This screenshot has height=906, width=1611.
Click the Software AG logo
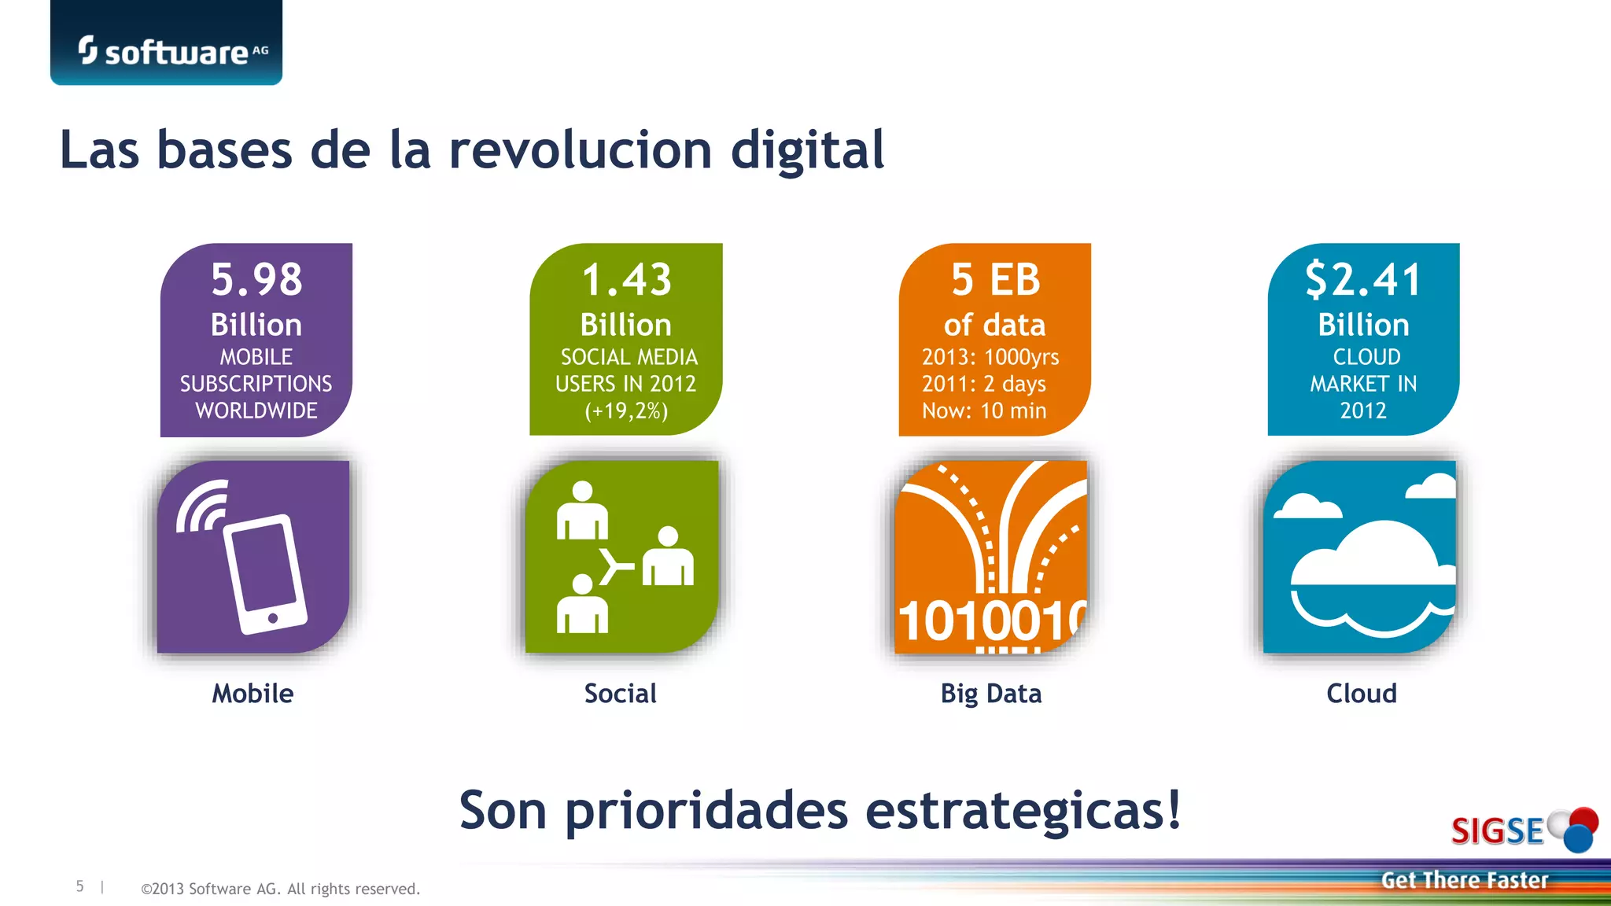pyautogui.click(x=167, y=51)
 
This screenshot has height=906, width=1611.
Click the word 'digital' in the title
pyautogui.click(x=807, y=149)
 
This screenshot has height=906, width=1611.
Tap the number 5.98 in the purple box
pyautogui.click(x=256, y=279)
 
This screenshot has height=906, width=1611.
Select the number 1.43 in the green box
pyautogui.click(x=626, y=280)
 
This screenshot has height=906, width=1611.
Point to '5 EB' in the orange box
pyautogui.click(x=995, y=280)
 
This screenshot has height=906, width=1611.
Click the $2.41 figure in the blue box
pyautogui.click(x=1363, y=280)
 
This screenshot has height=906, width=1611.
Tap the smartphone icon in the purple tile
pyautogui.click(x=264, y=573)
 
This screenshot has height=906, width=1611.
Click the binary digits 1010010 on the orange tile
pyautogui.click(x=991, y=621)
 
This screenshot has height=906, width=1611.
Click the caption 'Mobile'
pyautogui.click(x=253, y=694)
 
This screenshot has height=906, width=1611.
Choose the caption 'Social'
pyautogui.click(x=621, y=694)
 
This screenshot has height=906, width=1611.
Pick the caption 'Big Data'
pyautogui.click(x=991, y=694)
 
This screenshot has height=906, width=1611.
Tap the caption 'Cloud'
pyautogui.click(x=1362, y=694)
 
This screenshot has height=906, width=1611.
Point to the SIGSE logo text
pyautogui.click(x=1497, y=831)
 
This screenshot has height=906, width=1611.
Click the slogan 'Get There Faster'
pyautogui.click(x=1464, y=880)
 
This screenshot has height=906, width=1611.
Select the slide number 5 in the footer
pyautogui.click(x=79, y=886)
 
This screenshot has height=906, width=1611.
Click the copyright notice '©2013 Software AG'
pyautogui.click(x=280, y=889)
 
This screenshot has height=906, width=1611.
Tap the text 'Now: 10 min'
pyautogui.click(x=984, y=411)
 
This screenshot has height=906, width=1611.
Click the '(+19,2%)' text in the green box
pyautogui.click(x=626, y=411)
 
